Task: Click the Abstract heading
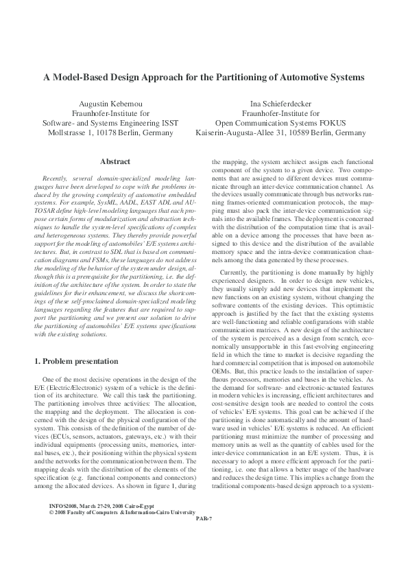(x=115, y=161)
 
